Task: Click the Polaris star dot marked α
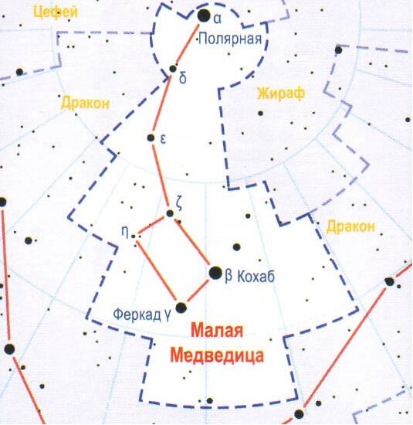(x=204, y=15)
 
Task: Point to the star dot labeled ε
(x=151, y=138)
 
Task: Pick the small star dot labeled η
(x=134, y=236)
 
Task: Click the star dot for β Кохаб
(x=215, y=272)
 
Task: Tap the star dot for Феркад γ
(x=181, y=308)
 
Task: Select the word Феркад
(x=136, y=315)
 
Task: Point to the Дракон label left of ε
(x=84, y=102)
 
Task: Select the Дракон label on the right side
(x=350, y=227)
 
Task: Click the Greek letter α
(x=218, y=16)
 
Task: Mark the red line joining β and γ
(x=198, y=290)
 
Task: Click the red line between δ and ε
(x=163, y=104)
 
